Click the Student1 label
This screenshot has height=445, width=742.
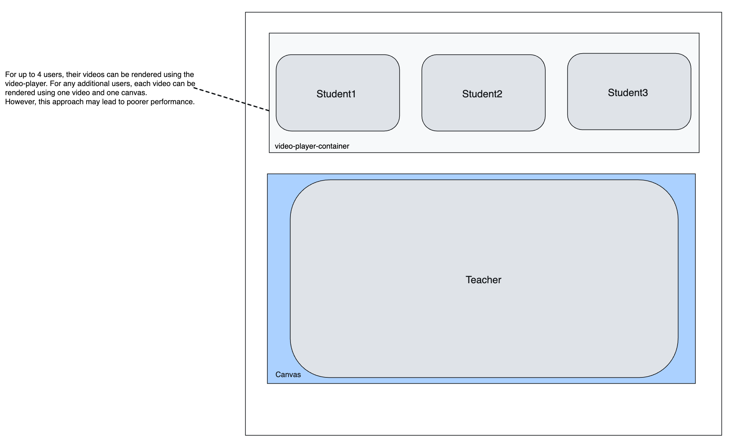tap(336, 94)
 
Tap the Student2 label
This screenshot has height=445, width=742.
tap(482, 94)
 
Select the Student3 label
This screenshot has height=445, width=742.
tap(628, 93)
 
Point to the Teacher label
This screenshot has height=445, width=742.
tap(483, 280)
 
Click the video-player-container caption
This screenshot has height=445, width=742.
tap(312, 146)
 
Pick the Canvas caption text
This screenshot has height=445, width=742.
tap(288, 375)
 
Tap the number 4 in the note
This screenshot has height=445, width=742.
tap(39, 75)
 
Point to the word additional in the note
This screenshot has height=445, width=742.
tap(93, 84)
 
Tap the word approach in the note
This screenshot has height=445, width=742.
tap(68, 102)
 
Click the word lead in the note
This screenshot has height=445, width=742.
tap(109, 102)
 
